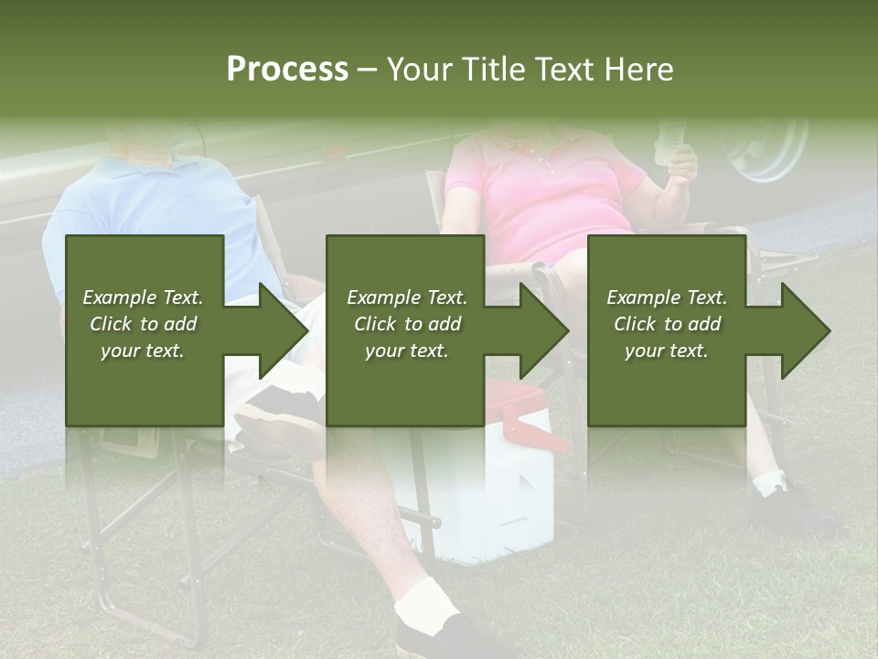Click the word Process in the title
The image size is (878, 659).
(287, 70)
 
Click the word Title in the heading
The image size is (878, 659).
(493, 70)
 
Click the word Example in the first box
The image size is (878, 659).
(119, 297)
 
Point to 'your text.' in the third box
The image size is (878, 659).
(666, 351)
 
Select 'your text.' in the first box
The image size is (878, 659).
(143, 351)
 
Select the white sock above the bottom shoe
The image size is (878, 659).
(426, 600)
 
